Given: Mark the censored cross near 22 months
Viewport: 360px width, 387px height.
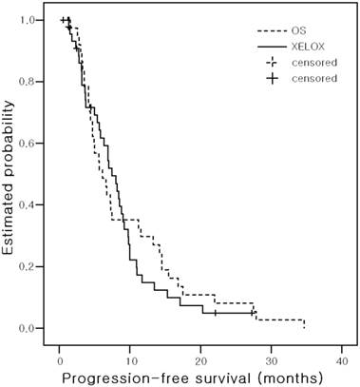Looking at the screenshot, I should (x=215, y=313).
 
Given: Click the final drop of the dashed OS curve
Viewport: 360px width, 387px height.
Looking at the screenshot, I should (x=303, y=324).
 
